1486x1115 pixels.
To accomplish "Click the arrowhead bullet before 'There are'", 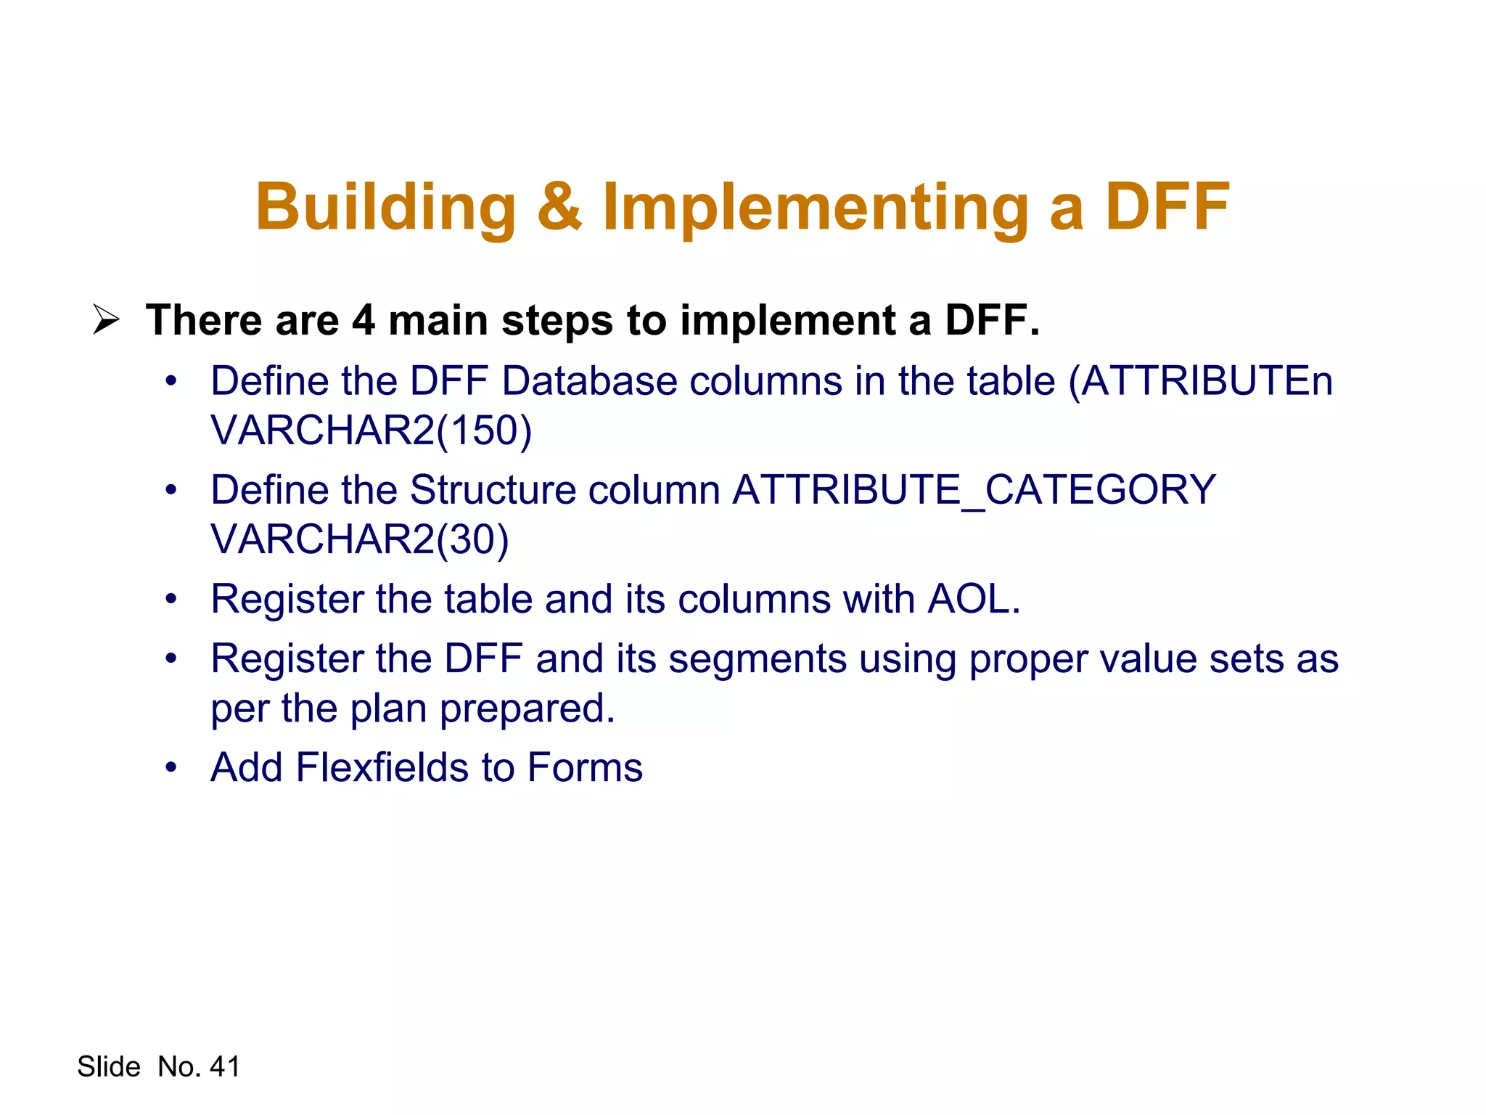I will click(106, 319).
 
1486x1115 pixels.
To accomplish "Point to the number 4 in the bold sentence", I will click(364, 320).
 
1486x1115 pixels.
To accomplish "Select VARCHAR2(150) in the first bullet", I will click(371, 430).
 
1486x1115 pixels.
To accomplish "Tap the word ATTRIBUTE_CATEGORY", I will click(974, 490).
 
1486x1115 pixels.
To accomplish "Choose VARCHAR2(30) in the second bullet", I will click(360, 539).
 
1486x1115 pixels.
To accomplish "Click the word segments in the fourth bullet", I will click(757, 660).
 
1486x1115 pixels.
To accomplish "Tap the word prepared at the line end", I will click(527, 709).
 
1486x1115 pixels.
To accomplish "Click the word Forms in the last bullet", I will click(585, 767).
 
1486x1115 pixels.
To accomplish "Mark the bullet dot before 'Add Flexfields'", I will click(171, 767).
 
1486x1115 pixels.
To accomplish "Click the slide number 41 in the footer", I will click(224, 1066).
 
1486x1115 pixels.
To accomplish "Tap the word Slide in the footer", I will click(109, 1066).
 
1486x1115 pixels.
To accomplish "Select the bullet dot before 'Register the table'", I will click(171, 600).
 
